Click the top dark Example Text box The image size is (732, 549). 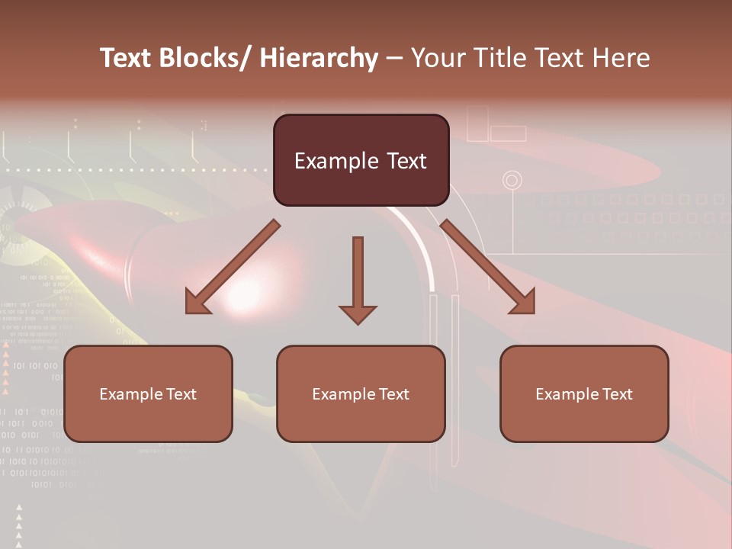[x=361, y=160]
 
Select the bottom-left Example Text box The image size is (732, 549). [x=148, y=393]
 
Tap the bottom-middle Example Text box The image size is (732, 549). [x=361, y=393]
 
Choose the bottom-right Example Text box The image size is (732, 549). [x=584, y=393]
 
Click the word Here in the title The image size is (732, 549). [x=623, y=59]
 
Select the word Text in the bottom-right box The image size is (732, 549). [x=616, y=394]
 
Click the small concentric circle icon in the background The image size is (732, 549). [x=512, y=181]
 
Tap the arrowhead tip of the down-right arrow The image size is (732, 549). [x=533, y=312]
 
